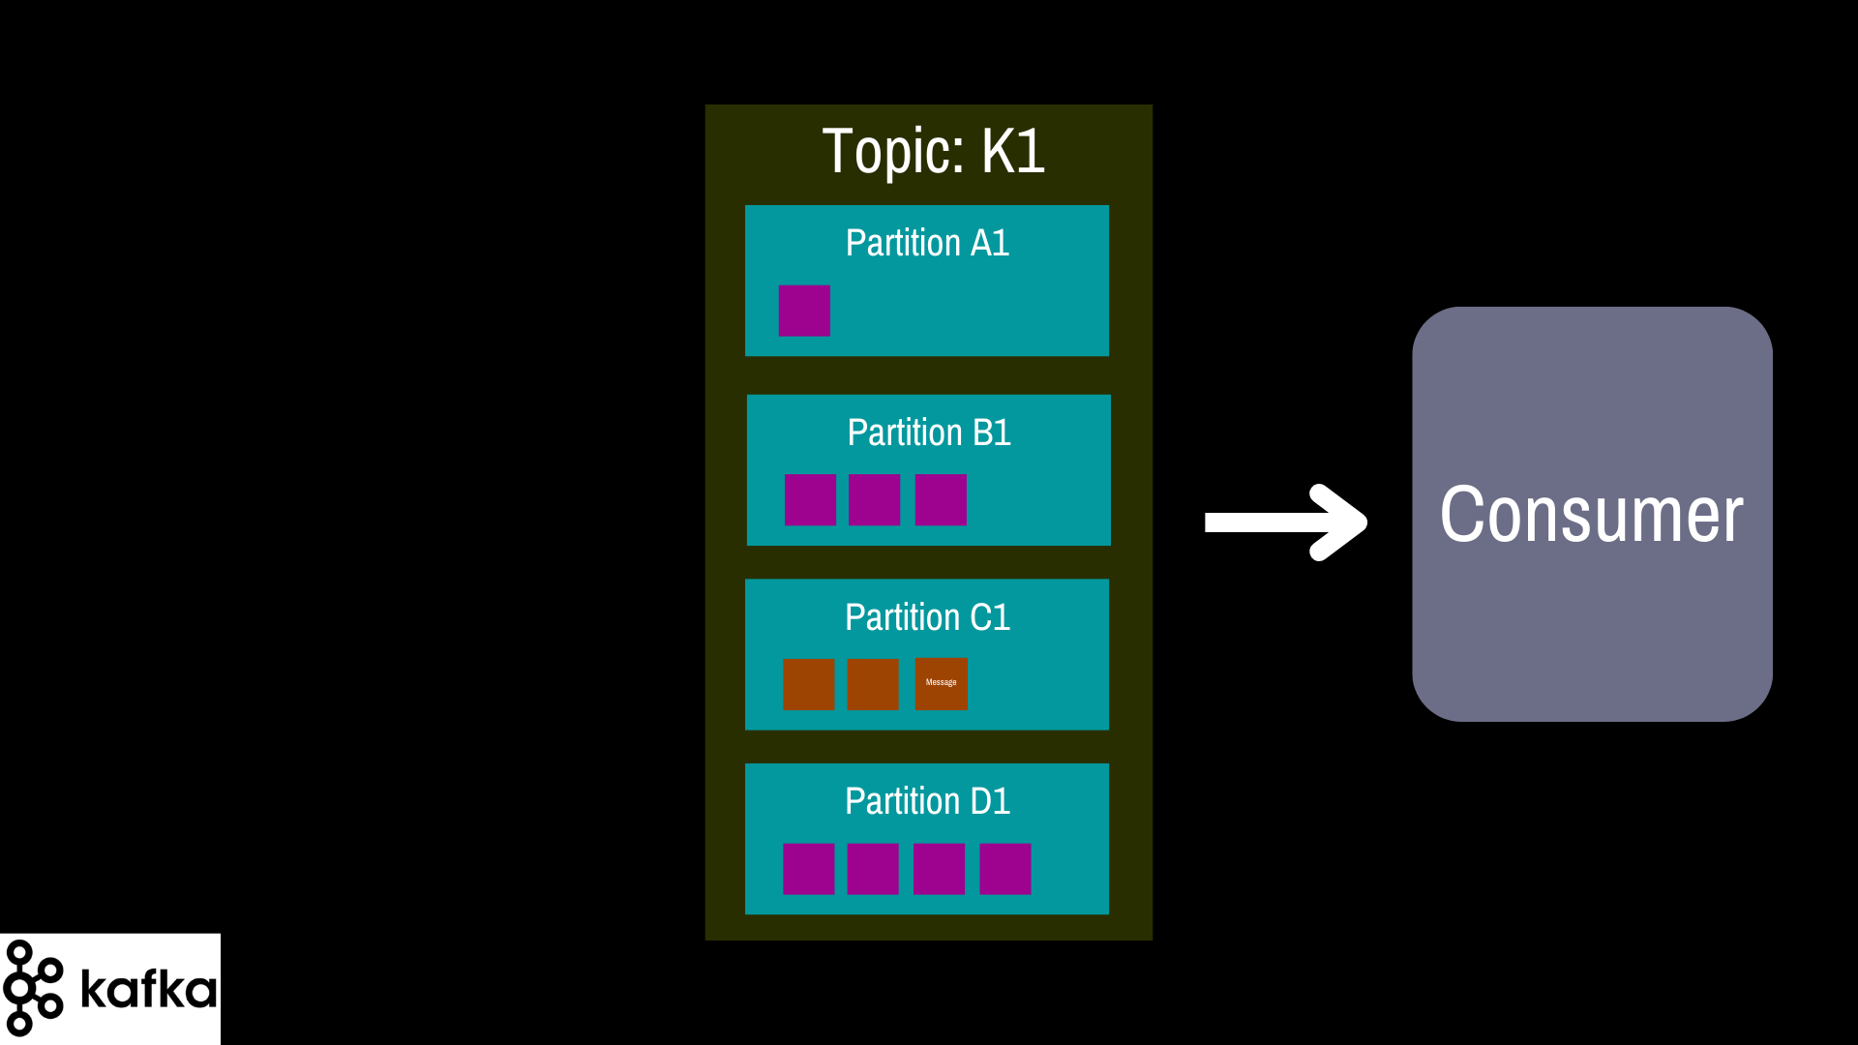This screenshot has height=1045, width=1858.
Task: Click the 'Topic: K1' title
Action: pos(933,152)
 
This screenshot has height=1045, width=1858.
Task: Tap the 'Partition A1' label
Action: pos(927,243)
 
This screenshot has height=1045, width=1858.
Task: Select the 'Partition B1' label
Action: pos(929,433)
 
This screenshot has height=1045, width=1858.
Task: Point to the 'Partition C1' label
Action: pos(927,617)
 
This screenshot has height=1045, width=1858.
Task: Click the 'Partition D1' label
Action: pos(927,801)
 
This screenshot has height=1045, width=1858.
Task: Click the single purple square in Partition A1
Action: pos(804,311)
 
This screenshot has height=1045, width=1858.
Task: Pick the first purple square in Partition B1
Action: pos(810,500)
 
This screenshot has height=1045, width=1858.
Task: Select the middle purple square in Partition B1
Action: pos(874,500)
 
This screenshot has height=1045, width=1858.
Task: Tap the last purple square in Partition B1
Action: pos(941,500)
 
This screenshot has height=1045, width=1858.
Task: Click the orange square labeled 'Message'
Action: pos(941,684)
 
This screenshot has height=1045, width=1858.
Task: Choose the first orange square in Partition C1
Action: pos(808,684)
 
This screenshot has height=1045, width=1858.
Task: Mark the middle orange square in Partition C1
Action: pos(873,684)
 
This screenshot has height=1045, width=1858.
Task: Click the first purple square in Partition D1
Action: pos(808,869)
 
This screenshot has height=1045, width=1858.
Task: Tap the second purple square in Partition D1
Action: pos(873,869)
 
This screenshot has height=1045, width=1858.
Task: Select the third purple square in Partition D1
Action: pos(939,869)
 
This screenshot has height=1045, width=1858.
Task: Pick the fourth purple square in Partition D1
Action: pos(1004,869)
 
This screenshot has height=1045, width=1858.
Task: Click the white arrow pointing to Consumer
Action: pos(1285,522)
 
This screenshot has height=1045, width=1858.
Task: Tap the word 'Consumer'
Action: pos(1591,515)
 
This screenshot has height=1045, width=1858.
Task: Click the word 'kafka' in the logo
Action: pos(148,988)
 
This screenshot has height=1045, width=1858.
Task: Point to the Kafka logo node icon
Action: pos(34,988)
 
